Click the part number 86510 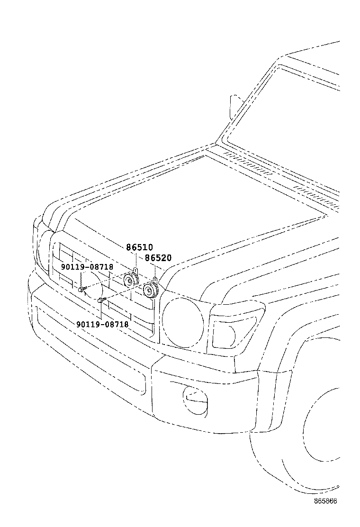(x=139, y=247)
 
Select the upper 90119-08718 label (x=87, y=267)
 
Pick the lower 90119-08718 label (x=102, y=324)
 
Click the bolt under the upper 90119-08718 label (x=82, y=289)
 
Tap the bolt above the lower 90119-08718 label (x=101, y=300)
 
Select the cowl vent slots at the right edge (x=317, y=194)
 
